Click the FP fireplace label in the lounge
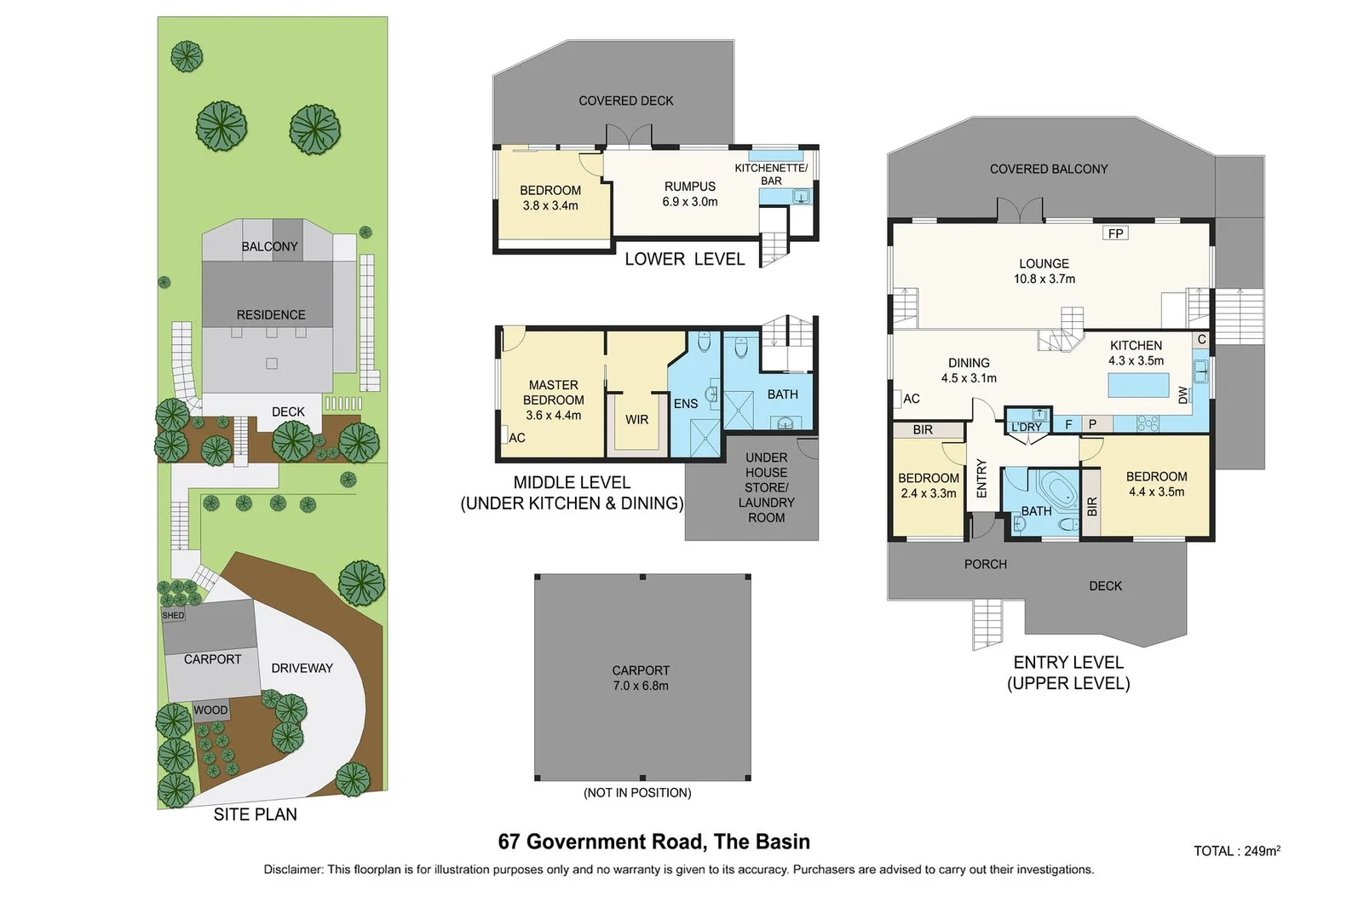(1115, 233)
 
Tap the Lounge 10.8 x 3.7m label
(1044, 271)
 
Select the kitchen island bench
(1138, 386)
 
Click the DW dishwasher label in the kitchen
(1182, 395)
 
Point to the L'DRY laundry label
(1026, 427)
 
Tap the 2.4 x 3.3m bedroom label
(928, 486)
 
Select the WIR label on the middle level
(636, 420)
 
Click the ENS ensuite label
(685, 404)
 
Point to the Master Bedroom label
(553, 400)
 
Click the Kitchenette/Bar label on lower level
(771, 174)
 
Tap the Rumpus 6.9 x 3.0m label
(689, 194)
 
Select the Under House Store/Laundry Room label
(766, 487)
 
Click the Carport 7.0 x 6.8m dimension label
(641, 678)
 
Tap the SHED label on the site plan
(173, 615)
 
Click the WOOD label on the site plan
(210, 710)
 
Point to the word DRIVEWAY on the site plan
(302, 668)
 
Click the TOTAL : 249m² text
(1236, 851)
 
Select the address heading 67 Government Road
(653, 842)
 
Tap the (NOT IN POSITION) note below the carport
(637, 793)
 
